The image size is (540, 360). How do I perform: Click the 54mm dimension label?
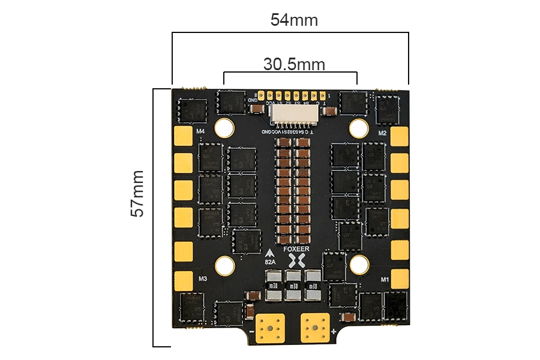click(x=294, y=20)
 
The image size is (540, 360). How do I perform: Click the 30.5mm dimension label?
click(x=294, y=64)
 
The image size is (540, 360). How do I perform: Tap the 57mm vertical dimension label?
click(x=137, y=193)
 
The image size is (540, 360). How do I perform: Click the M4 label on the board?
click(x=200, y=131)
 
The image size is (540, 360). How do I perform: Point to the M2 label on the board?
click(x=382, y=133)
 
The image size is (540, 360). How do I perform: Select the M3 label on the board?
click(x=202, y=278)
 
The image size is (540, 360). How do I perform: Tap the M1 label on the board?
click(x=385, y=279)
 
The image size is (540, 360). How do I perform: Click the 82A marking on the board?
click(x=270, y=262)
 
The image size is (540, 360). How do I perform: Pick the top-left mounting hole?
click(x=225, y=127)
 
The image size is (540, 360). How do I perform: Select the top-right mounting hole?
click(x=358, y=127)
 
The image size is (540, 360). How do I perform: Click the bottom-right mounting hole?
click(x=359, y=264)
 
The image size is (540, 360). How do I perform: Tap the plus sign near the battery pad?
click(x=334, y=331)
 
